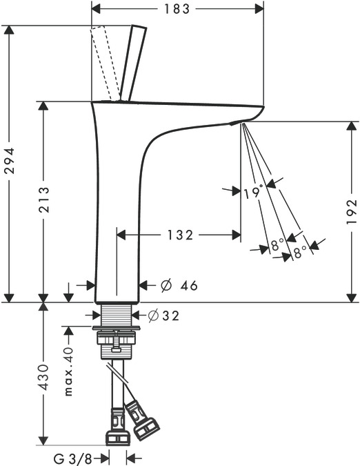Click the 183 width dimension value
pyautogui.click(x=177, y=9)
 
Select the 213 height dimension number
pyautogui.click(x=44, y=200)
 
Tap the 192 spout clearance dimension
pyautogui.click(x=352, y=212)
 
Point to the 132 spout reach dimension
pyautogui.click(x=181, y=235)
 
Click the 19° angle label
pyautogui.click(x=254, y=192)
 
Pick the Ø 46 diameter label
pyautogui.click(x=179, y=286)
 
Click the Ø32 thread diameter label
pyautogui.click(x=163, y=315)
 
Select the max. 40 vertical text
pyautogui.click(x=68, y=371)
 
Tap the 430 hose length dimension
pyautogui.click(x=44, y=377)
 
